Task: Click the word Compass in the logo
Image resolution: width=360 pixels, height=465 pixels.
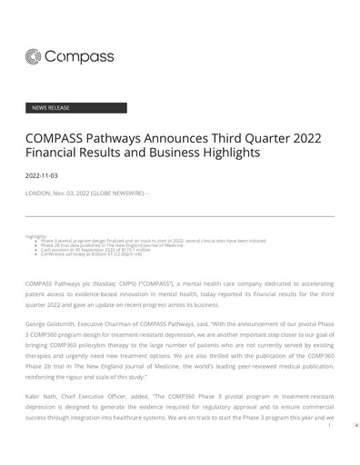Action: click(82, 58)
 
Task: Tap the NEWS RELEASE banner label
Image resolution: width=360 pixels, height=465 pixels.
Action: click(51, 108)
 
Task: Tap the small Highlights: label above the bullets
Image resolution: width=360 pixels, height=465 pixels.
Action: click(36, 236)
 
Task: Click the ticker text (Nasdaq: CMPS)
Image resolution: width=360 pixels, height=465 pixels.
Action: click(118, 285)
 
